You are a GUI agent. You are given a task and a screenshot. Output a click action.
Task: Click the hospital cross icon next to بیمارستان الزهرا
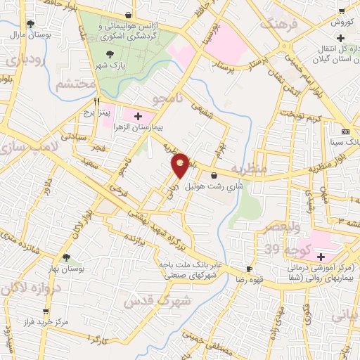pos(137,117)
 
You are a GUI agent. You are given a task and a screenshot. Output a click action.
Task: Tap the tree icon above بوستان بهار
pos(67,258)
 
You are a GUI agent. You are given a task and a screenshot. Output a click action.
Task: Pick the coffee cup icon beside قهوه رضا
pos(248,269)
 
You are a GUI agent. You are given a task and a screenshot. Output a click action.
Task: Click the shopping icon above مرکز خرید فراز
pos(46,310)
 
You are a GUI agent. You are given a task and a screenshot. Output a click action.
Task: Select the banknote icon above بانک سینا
pos(345,131)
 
